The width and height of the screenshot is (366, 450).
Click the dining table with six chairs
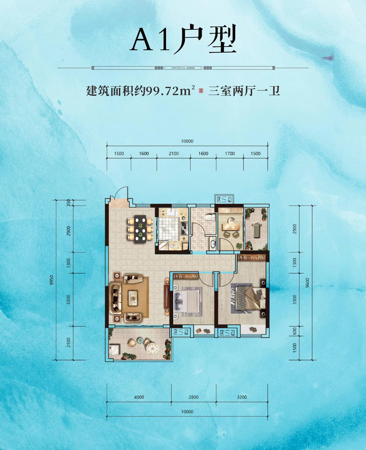pyautogui.click(x=140, y=227)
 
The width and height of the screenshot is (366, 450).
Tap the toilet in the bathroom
pyautogui.click(x=210, y=218)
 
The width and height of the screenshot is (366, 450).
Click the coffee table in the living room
pyautogui.click(x=133, y=296)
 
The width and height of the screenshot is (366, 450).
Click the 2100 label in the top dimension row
pyautogui.click(x=173, y=154)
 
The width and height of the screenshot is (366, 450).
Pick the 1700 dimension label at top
pyautogui.click(x=230, y=154)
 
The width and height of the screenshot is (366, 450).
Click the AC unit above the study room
pyautogui.click(x=225, y=200)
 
